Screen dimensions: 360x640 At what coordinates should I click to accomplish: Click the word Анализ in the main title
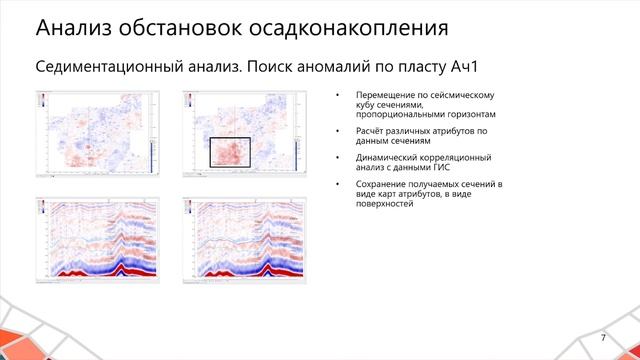[65, 24]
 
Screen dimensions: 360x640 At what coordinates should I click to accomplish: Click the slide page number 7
[603, 338]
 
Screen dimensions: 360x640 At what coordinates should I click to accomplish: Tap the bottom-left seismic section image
[97, 239]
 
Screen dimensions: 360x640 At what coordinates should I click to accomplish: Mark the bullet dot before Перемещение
[338, 96]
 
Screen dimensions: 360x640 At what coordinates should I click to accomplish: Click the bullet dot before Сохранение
[338, 185]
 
